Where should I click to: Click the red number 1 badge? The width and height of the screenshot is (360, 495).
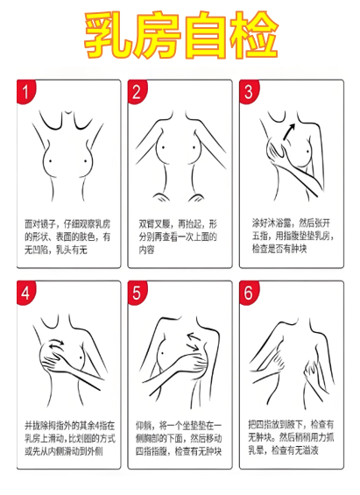click(29, 92)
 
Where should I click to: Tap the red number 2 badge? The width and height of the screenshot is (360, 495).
click(138, 92)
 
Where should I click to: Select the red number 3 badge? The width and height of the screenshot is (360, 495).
click(249, 92)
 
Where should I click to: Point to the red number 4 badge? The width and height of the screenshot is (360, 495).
click(29, 292)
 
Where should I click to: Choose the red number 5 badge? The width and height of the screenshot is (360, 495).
click(138, 292)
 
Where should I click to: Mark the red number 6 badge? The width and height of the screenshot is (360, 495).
click(249, 292)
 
